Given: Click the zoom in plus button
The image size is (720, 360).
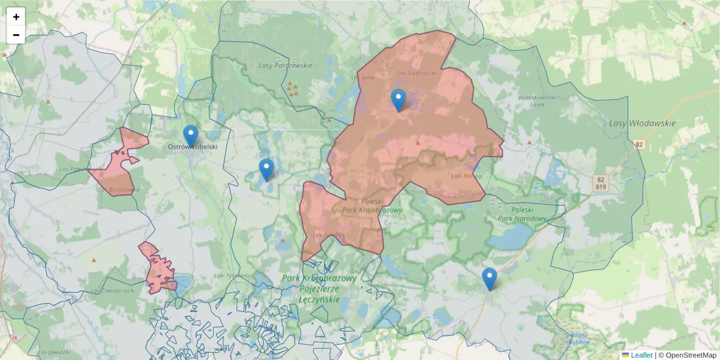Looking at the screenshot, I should click(16, 17).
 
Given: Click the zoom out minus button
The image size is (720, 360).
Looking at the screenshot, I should click(16, 35).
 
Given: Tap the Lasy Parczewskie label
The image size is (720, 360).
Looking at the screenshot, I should click(285, 65).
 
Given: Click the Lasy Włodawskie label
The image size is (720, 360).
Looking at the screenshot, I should click(642, 124).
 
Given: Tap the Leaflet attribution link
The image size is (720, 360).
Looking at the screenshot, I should click(641, 355).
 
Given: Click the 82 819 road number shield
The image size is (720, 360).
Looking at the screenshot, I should click(601, 183).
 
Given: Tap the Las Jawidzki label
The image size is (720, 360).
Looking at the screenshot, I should click(53, 352).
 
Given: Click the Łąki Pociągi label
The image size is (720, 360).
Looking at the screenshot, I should click(466, 176).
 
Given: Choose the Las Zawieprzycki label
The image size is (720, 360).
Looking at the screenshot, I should click(113, 290).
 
